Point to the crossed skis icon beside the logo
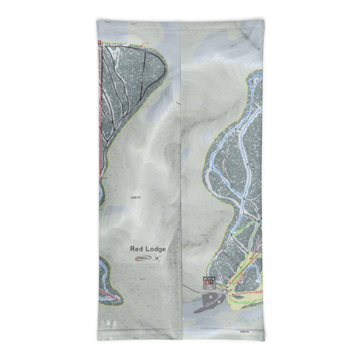[157, 258]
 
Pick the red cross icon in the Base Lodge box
[207, 283]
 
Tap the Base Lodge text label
[210, 288]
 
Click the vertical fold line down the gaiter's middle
[180, 180]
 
